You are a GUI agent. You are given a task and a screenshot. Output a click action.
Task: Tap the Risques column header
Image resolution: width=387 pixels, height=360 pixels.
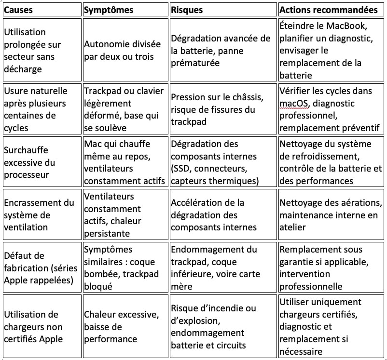pyautogui.click(x=187, y=10)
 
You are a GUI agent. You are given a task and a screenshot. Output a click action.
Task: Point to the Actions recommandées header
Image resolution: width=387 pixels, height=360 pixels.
pyautogui.click(x=328, y=10)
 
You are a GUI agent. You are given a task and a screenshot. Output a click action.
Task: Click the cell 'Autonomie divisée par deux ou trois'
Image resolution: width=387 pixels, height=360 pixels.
pyautogui.click(x=123, y=50)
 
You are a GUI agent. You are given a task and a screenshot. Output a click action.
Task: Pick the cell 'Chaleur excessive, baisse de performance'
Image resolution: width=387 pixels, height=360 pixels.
pyautogui.click(x=121, y=327)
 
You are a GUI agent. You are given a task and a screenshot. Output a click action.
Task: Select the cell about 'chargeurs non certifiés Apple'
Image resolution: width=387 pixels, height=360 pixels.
pyautogui.click(x=33, y=327)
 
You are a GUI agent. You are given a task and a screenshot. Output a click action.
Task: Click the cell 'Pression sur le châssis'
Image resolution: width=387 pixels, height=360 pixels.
pyautogui.click(x=217, y=109)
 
